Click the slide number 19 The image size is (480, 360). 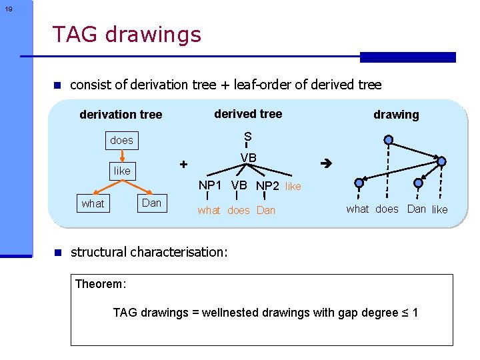(8, 9)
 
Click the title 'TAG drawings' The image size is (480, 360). (126, 34)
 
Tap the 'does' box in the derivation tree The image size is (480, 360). (121, 140)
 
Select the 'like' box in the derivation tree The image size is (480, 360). (122, 171)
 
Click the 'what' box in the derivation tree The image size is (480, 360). (93, 203)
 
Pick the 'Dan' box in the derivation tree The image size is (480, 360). (152, 203)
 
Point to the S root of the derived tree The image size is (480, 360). (247, 137)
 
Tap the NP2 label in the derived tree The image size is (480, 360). (268, 186)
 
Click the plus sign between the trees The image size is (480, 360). (184, 164)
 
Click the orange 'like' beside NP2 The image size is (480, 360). (293, 187)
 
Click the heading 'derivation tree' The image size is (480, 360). (121, 115)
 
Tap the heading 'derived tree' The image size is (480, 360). (248, 114)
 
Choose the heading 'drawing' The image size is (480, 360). (396, 115)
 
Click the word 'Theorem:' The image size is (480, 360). (100, 284)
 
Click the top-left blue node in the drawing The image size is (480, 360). (389, 141)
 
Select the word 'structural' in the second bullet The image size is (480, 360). (99, 252)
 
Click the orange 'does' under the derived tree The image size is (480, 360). (239, 211)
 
